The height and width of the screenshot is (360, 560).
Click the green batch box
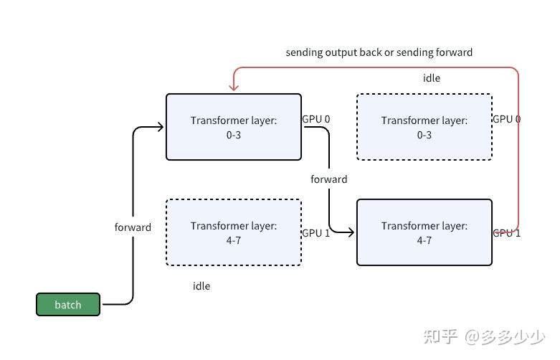(68, 305)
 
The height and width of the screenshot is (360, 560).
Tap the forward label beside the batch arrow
(133, 227)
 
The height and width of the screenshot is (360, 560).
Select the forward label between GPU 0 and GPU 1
(328, 179)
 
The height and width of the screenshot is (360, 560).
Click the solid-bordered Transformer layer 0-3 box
(234, 127)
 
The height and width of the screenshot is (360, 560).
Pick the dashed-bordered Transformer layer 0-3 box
(424, 127)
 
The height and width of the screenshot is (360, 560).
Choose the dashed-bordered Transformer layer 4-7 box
(234, 233)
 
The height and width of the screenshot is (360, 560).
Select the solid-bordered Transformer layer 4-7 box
(424, 233)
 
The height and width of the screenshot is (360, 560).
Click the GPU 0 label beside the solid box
(315, 119)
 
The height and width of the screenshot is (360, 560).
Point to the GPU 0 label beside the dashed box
(506, 119)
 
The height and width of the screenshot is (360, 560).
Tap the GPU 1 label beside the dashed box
(315, 233)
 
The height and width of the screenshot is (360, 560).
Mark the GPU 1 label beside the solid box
(506, 233)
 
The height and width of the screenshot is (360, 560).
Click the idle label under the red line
(431, 78)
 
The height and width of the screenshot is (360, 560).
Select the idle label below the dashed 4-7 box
(201, 286)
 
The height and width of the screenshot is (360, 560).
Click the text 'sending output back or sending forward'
(379, 52)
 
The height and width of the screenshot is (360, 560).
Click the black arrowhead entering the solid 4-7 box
(351, 232)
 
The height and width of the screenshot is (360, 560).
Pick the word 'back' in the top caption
(362, 52)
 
